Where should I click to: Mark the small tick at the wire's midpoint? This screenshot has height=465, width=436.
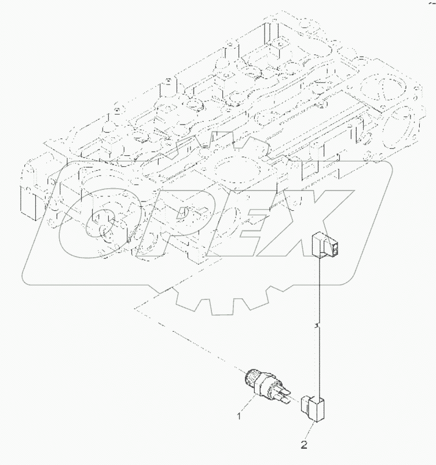click(x=316, y=327)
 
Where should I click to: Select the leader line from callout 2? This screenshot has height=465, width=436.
click(x=310, y=431)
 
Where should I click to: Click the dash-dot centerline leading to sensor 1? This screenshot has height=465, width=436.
click(x=191, y=339)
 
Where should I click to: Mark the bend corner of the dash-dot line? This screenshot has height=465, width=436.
click(x=135, y=308)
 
